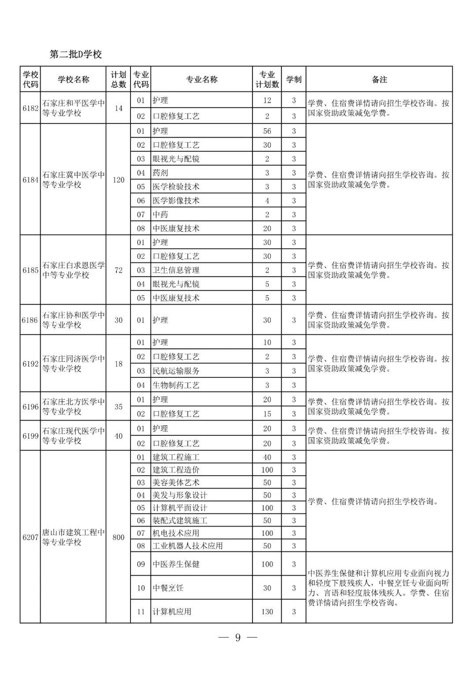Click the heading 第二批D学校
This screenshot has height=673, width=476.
(x=75, y=54)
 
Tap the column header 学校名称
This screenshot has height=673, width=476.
(x=73, y=79)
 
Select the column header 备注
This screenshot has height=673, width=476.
(x=379, y=79)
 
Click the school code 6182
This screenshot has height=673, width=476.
(x=30, y=108)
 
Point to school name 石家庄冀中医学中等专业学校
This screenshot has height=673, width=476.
(x=73, y=180)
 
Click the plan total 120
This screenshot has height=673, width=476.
(x=118, y=180)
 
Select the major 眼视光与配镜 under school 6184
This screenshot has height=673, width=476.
(x=176, y=159)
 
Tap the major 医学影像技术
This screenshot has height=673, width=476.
(x=176, y=201)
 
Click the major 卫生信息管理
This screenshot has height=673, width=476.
(x=176, y=270)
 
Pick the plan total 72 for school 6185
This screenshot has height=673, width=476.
(x=118, y=270)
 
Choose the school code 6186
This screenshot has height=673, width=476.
(x=30, y=320)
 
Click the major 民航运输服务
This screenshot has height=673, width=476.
(x=176, y=371)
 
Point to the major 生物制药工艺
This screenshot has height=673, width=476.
(x=176, y=385)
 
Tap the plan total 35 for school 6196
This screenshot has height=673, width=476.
(x=118, y=407)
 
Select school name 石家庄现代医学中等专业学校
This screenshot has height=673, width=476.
(x=73, y=435)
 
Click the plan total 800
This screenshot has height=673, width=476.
(x=118, y=537)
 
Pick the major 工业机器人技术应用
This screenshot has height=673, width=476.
(x=187, y=546)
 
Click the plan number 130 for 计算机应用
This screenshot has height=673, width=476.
(x=267, y=612)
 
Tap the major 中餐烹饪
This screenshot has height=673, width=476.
(x=168, y=588)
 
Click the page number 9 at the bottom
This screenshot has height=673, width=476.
(x=238, y=638)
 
